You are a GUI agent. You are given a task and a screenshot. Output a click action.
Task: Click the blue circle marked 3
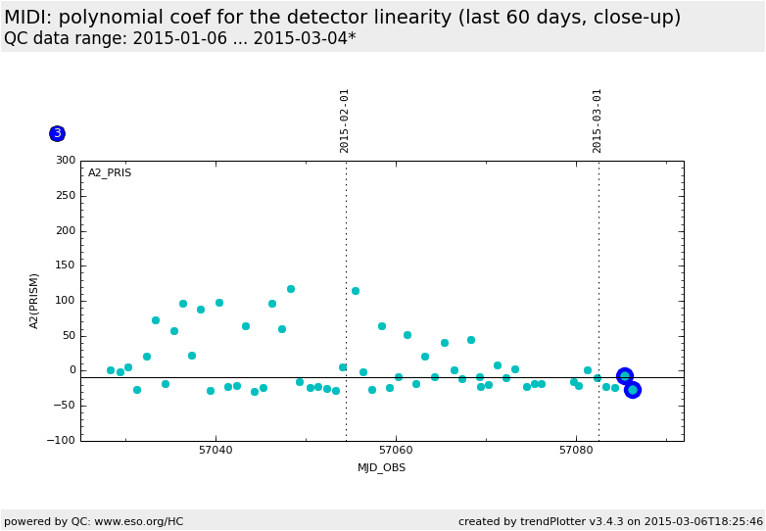[57, 133]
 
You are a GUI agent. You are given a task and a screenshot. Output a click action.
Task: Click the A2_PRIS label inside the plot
[110, 173]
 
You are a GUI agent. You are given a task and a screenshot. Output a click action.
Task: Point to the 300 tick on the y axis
[66, 161]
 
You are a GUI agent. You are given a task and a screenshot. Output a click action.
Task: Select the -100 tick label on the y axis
[62, 441]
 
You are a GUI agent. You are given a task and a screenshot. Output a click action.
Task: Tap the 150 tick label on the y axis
[66, 265]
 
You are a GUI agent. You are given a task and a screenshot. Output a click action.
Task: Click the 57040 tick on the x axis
[215, 451]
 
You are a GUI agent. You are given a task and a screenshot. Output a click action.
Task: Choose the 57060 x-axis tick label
[396, 451]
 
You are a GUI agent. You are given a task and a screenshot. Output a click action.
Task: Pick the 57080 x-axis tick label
[576, 451]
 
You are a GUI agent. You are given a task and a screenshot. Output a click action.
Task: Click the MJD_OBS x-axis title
[381, 468]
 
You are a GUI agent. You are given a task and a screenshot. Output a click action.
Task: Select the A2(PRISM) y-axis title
[35, 301]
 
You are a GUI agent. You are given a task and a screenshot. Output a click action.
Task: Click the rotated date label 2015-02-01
[345, 121]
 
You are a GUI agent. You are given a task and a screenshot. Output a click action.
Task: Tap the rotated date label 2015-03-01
[598, 121]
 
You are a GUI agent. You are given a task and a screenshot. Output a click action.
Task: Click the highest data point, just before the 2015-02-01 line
[291, 289]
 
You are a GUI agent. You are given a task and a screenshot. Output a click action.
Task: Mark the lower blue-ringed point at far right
[633, 390]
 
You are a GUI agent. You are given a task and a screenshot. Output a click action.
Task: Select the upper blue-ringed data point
[625, 376]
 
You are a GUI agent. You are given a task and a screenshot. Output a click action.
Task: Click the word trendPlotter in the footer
[532, 521]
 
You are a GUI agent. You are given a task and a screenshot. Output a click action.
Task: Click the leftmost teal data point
[111, 370]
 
